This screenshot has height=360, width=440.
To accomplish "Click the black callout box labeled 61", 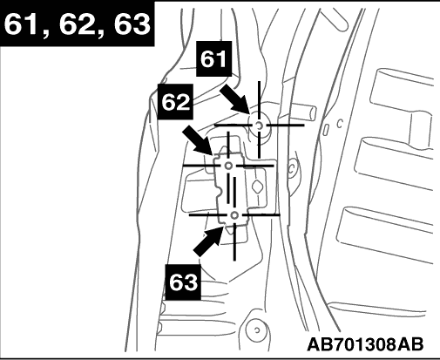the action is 214,58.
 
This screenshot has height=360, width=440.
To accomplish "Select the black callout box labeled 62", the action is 175,101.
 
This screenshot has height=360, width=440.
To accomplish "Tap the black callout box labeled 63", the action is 183,282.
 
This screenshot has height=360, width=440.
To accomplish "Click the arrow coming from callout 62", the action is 198,140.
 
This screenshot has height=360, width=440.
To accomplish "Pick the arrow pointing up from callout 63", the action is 209,241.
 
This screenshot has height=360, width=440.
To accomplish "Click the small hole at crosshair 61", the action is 259,126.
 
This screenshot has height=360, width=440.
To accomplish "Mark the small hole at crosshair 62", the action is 228,166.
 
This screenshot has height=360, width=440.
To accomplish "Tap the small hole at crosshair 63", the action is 234,215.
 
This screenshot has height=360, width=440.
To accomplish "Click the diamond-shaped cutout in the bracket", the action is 256,187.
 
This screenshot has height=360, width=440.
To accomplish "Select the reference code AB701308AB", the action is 365,344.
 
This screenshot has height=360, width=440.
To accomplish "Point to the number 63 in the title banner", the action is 132,24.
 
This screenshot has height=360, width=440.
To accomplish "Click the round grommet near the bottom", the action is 256,329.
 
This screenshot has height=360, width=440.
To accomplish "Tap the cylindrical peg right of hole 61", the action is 303,112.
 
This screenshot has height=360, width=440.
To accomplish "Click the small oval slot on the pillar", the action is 326,130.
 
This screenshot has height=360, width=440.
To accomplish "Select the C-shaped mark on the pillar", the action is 340,124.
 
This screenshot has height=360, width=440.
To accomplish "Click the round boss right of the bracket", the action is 293,167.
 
